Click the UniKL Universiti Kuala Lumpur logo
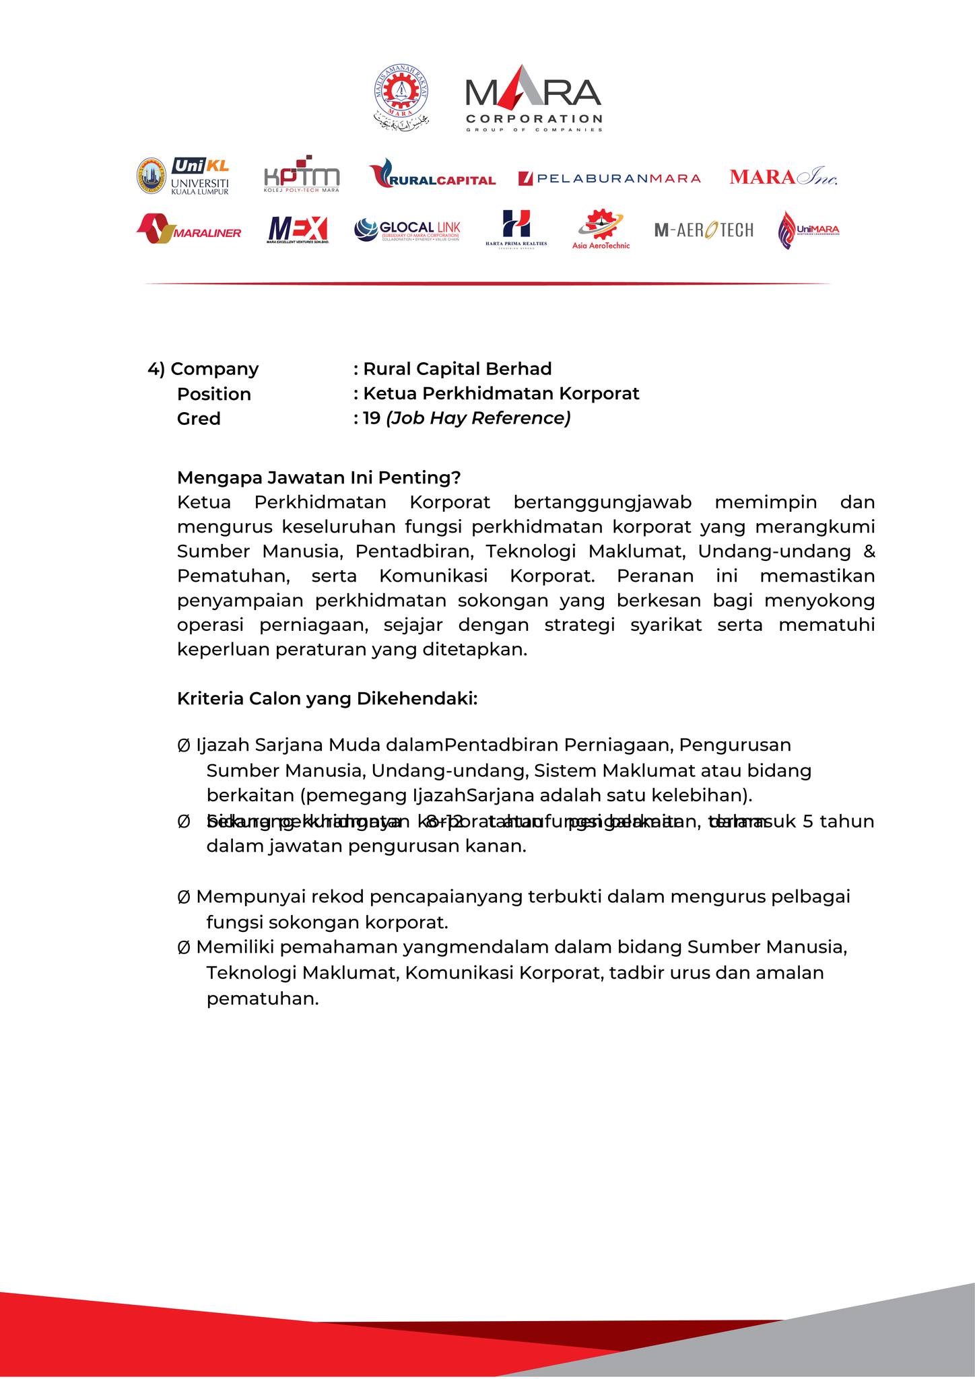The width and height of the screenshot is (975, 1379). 183,176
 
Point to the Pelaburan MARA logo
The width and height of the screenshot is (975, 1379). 609,178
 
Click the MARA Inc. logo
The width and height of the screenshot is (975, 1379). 783,177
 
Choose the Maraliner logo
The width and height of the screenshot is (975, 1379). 189,230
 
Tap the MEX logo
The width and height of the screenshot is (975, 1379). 297,230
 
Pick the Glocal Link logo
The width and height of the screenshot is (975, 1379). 407,230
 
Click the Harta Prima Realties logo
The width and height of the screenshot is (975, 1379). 516,229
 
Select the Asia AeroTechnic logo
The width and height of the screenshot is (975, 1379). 601,230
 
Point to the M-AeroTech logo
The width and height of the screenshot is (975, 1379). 704,230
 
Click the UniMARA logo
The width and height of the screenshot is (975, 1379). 808,230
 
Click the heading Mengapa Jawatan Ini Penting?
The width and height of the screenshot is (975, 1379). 318,478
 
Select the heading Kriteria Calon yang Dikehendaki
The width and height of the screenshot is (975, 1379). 327,699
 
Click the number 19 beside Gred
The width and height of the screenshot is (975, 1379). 372,419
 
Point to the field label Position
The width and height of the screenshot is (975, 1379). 213,395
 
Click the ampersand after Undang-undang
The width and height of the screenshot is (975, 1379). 869,551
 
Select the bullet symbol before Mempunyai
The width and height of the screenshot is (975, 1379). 183,898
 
